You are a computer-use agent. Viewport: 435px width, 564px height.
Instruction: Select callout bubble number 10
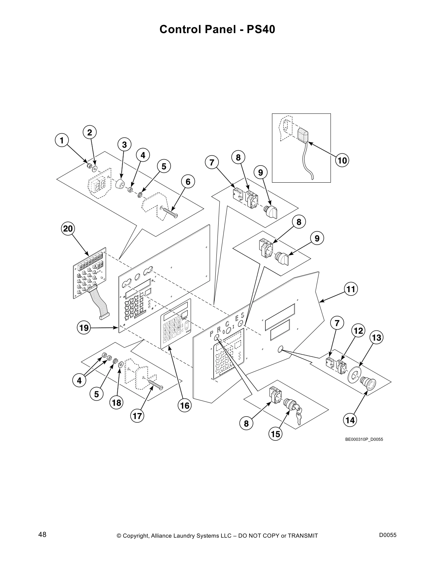[342, 160]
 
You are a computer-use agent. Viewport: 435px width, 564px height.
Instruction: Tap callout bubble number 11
[351, 289]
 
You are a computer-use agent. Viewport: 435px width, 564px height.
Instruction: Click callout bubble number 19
[84, 327]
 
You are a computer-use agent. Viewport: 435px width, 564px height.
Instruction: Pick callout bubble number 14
[350, 420]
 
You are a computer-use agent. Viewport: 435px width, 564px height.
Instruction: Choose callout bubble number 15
[275, 434]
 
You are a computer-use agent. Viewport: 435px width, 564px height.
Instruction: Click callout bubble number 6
[188, 182]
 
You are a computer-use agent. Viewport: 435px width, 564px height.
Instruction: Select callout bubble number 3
[124, 145]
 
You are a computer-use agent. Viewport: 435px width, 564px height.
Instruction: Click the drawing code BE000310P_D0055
[364, 439]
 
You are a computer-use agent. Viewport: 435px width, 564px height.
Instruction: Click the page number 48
[42, 534]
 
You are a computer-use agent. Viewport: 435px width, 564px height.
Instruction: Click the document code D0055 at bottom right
[388, 535]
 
